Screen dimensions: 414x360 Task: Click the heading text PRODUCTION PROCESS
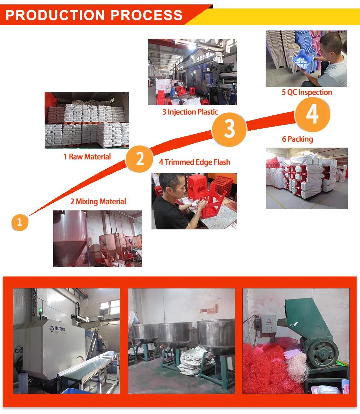[94, 15]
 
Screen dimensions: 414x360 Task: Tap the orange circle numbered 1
[20, 222]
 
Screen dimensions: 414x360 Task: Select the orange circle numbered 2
[140, 159]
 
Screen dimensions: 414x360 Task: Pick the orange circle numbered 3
[229, 129]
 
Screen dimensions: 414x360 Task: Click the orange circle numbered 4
[312, 114]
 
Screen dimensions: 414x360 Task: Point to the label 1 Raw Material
[87, 157]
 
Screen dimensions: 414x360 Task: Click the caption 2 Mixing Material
[98, 202]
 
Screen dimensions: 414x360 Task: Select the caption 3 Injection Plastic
[190, 112]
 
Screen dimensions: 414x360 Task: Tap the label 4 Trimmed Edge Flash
[195, 162]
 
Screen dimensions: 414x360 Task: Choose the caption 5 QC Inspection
[307, 92]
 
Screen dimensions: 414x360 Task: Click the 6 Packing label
[298, 139]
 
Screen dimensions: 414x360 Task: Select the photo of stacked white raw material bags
[87, 120]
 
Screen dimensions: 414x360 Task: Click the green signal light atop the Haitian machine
[40, 310]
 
